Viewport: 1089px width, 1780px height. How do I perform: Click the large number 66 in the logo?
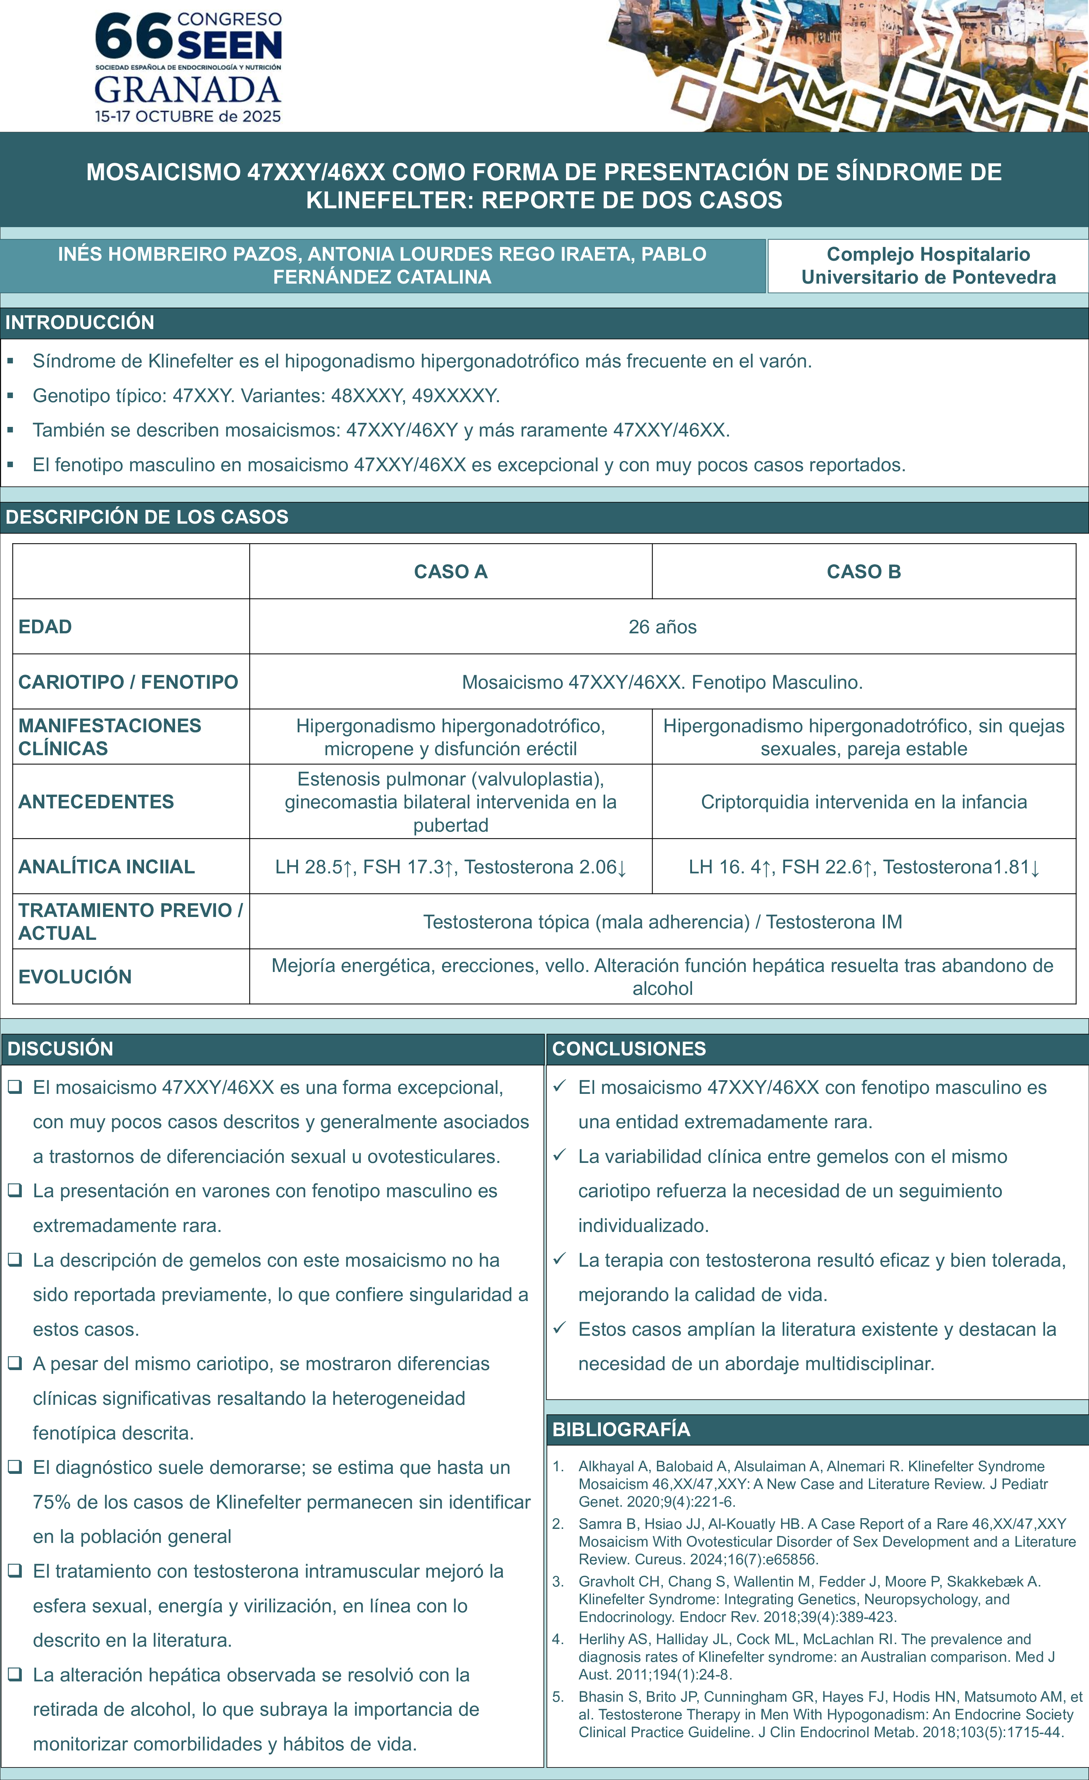[134, 38]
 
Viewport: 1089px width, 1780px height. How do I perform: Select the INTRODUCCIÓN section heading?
[79, 322]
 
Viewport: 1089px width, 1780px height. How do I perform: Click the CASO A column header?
[451, 571]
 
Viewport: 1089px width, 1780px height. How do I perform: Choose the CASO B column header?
[864, 571]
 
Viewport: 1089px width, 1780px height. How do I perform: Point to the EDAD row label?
[45, 626]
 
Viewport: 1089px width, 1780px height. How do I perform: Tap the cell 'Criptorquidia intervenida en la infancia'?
[864, 802]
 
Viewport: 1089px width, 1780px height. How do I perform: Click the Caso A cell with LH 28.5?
[451, 867]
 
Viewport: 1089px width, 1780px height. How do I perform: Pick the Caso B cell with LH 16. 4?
[864, 867]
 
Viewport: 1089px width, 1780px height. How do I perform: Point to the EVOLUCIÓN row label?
[75, 977]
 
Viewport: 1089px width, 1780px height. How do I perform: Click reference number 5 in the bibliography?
[558, 1697]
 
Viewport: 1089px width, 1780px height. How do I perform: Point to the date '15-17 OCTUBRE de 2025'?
[188, 116]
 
